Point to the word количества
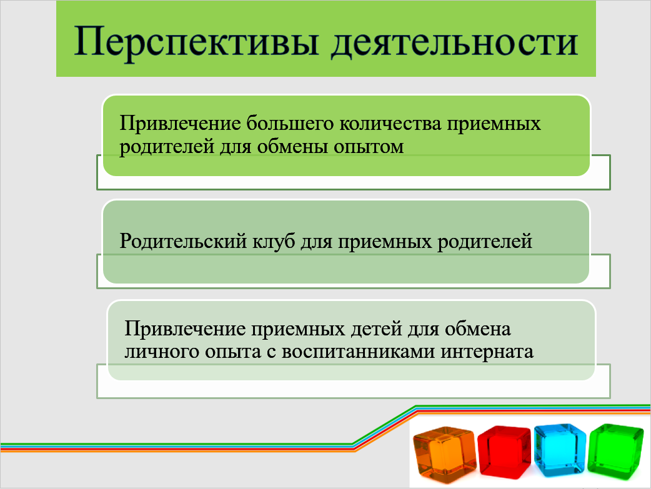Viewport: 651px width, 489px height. pyautogui.click(x=390, y=123)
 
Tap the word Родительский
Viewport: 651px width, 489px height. pyautogui.click(x=183, y=241)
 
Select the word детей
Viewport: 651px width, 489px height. pyautogui.click(x=376, y=328)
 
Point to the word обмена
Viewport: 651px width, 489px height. pyautogui.click(x=478, y=328)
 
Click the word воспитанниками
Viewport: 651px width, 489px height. pyautogui.click(x=358, y=352)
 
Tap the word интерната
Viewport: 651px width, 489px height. pyautogui.click(x=487, y=352)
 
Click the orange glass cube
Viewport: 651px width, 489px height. pyautogui.click(x=444, y=455)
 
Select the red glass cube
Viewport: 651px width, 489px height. pyautogui.click(x=504, y=452)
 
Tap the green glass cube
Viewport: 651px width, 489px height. pyautogui.click(x=616, y=451)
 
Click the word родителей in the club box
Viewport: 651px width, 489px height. pyautogui.click(x=485, y=242)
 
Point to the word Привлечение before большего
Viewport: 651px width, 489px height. pyautogui.click(x=180, y=124)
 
